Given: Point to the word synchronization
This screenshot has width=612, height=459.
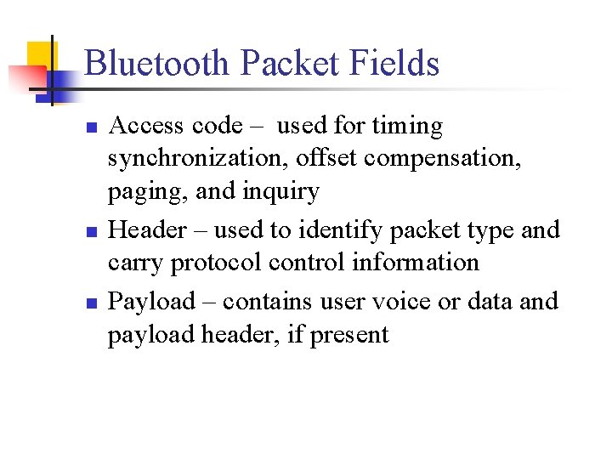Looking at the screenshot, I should [198, 159].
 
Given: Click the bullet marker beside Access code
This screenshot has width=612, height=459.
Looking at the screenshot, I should [91, 128].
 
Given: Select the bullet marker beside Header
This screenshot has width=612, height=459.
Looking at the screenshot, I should [91, 231].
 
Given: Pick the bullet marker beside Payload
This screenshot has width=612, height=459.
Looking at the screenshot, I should [91, 303].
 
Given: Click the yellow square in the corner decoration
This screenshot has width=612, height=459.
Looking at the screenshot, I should [38, 54].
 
